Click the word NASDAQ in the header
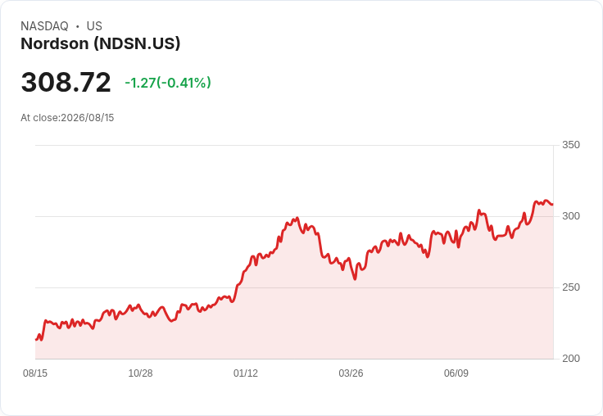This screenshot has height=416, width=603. pos(44,26)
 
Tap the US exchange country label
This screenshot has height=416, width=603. pos(94,26)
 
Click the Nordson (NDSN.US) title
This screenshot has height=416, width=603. pos(101,44)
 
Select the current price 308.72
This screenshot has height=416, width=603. pos(66,82)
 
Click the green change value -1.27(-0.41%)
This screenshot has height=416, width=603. pos(168,83)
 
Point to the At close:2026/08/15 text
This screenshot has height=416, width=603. pos(67,118)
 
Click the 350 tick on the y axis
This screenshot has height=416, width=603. pos(571,145)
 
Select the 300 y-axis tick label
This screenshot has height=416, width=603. pos(571,216)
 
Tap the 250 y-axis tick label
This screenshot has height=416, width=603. pos(571,287)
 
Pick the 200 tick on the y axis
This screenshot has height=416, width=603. pos(571,359)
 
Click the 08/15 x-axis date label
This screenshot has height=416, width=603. pos(35,373)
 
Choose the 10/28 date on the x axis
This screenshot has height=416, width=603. pos(140,373)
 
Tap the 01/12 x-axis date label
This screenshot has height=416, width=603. pos(245,373)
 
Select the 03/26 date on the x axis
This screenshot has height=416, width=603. pos(351,373)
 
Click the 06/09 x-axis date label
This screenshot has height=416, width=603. pos(456,373)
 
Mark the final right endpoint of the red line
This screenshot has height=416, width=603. pos(553,204)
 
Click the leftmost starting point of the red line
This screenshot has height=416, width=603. pos(36,340)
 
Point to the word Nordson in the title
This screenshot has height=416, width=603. pos(55,44)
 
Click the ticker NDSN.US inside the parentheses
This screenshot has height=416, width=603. pos(138,44)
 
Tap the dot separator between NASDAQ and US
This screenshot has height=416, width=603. pos(77,26)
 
